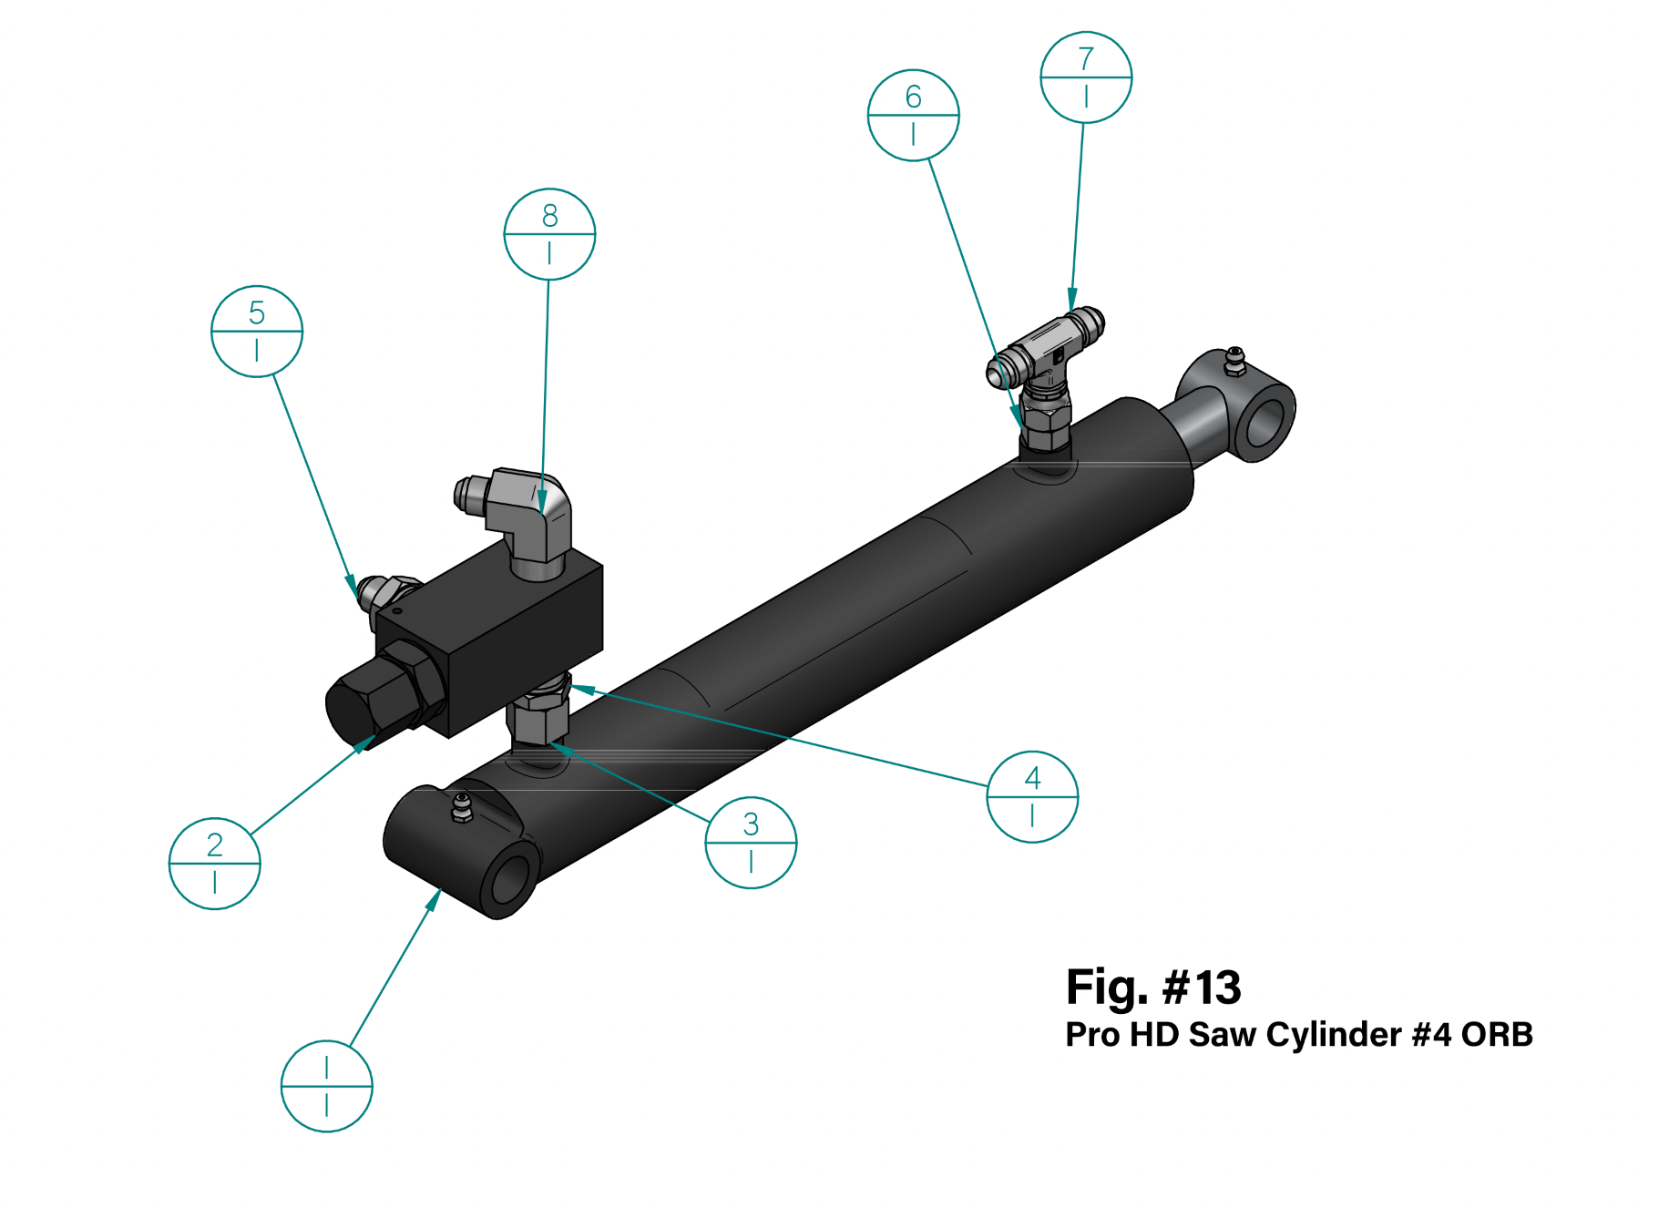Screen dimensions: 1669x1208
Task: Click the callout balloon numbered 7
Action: (x=1086, y=77)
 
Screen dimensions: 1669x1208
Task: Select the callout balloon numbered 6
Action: (x=913, y=116)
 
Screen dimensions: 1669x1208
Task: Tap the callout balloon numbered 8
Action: (x=549, y=234)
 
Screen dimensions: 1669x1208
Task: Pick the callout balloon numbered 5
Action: (x=257, y=332)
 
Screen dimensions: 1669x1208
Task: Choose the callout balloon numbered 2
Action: (x=215, y=864)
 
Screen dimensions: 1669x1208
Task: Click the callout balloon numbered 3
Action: (x=751, y=843)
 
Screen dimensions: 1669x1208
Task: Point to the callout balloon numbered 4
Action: (x=1032, y=797)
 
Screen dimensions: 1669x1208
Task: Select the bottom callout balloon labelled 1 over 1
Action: (x=326, y=1087)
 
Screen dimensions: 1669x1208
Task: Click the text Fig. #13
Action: (x=1153, y=988)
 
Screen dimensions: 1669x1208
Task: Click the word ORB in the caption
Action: (x=1497, y=1035)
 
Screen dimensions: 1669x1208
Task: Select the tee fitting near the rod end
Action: (x=1047, y=364)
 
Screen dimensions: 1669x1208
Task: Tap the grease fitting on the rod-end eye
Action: (x=1234, y=361)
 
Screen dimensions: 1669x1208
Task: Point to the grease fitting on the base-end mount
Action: (x=462, y=807)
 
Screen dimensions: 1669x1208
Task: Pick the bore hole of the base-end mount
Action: (x=512, y=878)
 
